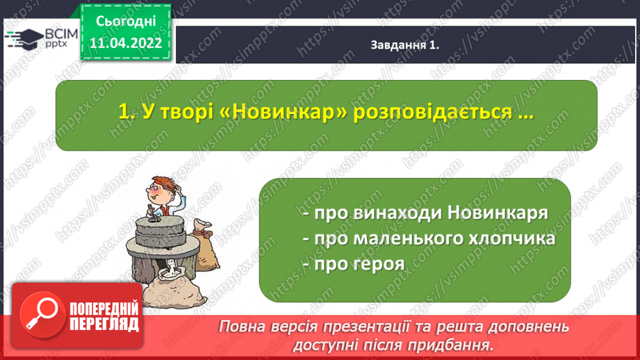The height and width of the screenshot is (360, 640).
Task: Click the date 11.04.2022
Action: [x=126, y=43]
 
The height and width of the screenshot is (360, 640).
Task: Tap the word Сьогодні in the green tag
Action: [x=126, y=21]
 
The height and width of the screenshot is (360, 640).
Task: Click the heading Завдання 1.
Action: [x=405, y=45]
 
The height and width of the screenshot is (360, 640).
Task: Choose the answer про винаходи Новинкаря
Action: [x=426, y=213]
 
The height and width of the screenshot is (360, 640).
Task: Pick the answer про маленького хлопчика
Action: [x=429, y=239]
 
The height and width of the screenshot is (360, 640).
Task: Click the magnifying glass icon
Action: [x=42, y=315]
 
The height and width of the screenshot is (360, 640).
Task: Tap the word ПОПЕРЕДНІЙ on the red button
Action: [x=104, y=309]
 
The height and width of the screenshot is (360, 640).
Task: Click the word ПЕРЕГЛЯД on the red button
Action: [x=104, y=325]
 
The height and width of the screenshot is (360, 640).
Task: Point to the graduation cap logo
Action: [x=24, y=39]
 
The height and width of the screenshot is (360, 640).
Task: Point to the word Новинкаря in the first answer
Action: [x=498, y=213]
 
